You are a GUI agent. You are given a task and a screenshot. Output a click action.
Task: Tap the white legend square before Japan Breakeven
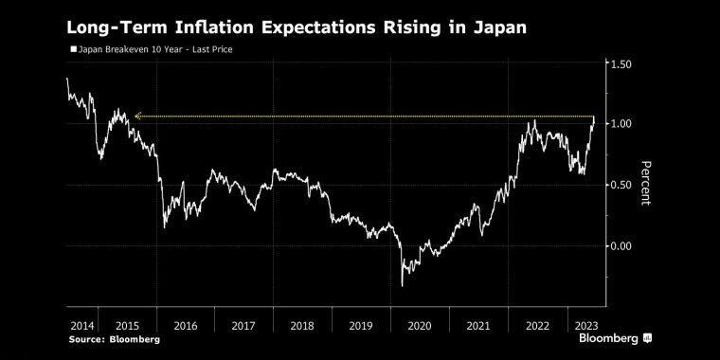(x=73, y=48)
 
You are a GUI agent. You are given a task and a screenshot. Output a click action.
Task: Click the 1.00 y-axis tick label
(x=622, y=124)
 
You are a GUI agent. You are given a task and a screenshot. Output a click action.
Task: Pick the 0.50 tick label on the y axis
(x=622, y=185)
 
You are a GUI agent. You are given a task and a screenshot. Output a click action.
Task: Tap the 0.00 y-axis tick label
(x=622, y=245)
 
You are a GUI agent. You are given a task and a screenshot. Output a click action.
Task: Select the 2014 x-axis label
(x=81, y=325)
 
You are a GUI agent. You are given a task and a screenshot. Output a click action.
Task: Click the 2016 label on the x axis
(x=185, y=325)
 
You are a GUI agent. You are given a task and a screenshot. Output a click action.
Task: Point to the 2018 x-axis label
(x=301, y=325)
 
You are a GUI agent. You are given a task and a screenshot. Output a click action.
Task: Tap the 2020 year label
(x=419, y=325)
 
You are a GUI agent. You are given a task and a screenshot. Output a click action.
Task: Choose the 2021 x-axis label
(x=477, y=325)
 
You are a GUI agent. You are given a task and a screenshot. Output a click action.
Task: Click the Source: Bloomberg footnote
(x=113, y=339)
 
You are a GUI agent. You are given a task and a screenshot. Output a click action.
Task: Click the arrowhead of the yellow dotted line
(x=137, y=116)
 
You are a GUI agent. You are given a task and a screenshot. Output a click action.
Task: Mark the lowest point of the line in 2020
(x=403, y=285)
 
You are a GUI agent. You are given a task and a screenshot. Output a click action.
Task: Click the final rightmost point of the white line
(x=593, y=117)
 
